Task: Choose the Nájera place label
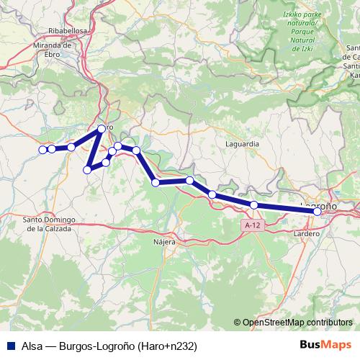164,242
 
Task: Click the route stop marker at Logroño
318,211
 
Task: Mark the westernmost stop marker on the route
42,150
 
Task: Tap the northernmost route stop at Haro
102,129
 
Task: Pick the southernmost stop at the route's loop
87,170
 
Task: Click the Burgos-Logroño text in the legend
101,346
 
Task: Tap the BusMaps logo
326,346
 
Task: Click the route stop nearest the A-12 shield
254,205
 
